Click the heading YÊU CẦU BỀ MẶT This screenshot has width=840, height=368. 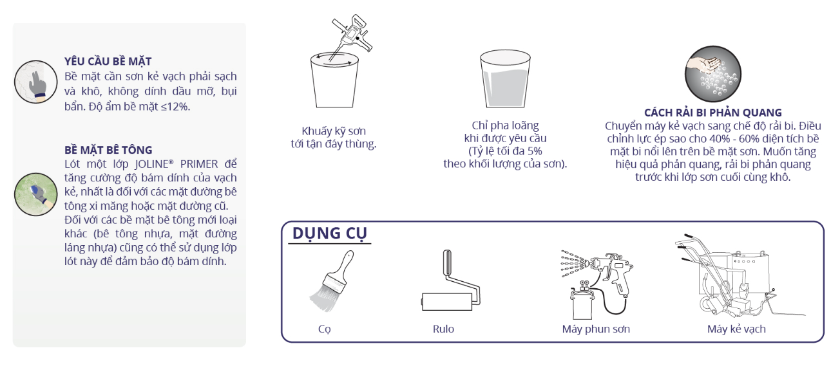[108, 61]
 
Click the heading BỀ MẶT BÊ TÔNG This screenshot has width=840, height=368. [108, 150]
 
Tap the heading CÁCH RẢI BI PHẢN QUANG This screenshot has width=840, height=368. [713, 113]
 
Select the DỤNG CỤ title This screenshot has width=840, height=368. [329, 234]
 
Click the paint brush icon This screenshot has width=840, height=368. [331, 281]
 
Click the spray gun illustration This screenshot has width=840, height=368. [597, 284]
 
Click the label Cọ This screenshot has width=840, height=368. [325, 329]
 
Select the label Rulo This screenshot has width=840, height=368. [443, 329]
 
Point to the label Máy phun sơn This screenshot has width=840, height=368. [596, 329]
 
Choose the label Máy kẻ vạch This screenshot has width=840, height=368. [736, 329]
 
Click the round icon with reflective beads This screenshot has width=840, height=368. [713, 74]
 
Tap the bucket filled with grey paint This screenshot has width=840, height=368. [505, 79]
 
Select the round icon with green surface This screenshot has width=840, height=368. [35, 194]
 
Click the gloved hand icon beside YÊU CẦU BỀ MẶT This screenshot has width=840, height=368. [35, 82]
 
